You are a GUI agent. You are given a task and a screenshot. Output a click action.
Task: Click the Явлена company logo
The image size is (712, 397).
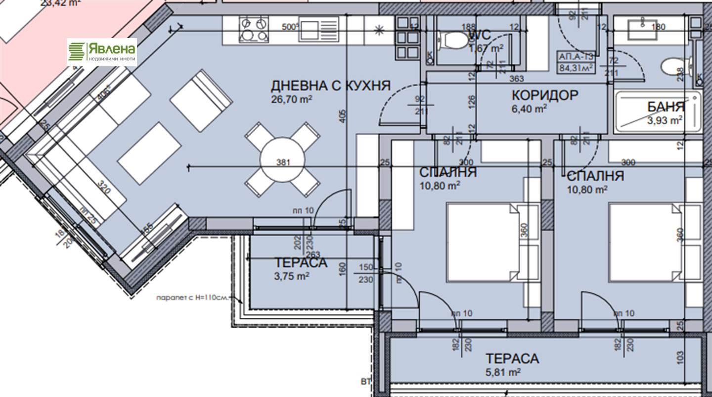point(102,52)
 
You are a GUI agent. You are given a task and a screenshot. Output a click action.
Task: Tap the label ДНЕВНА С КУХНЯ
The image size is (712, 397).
point(330,86)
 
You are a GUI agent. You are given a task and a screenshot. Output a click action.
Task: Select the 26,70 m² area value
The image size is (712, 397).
point(291,99)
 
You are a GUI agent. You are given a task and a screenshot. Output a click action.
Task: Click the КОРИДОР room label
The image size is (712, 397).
point(545,95)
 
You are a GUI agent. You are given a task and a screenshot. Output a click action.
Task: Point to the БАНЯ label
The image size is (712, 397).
point(666,106)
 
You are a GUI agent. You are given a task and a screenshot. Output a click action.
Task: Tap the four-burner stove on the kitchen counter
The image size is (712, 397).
point(254,29)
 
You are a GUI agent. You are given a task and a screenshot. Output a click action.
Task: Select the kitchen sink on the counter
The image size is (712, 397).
point(319,28)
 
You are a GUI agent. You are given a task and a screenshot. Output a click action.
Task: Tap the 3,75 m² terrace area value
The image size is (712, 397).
point(291,276)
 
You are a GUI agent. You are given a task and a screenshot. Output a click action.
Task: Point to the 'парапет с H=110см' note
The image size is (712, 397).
point(193,298)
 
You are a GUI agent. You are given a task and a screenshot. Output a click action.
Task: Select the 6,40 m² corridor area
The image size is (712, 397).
point(529,108)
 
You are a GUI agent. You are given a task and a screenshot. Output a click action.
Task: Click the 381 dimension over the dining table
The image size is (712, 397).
point(282,162)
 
